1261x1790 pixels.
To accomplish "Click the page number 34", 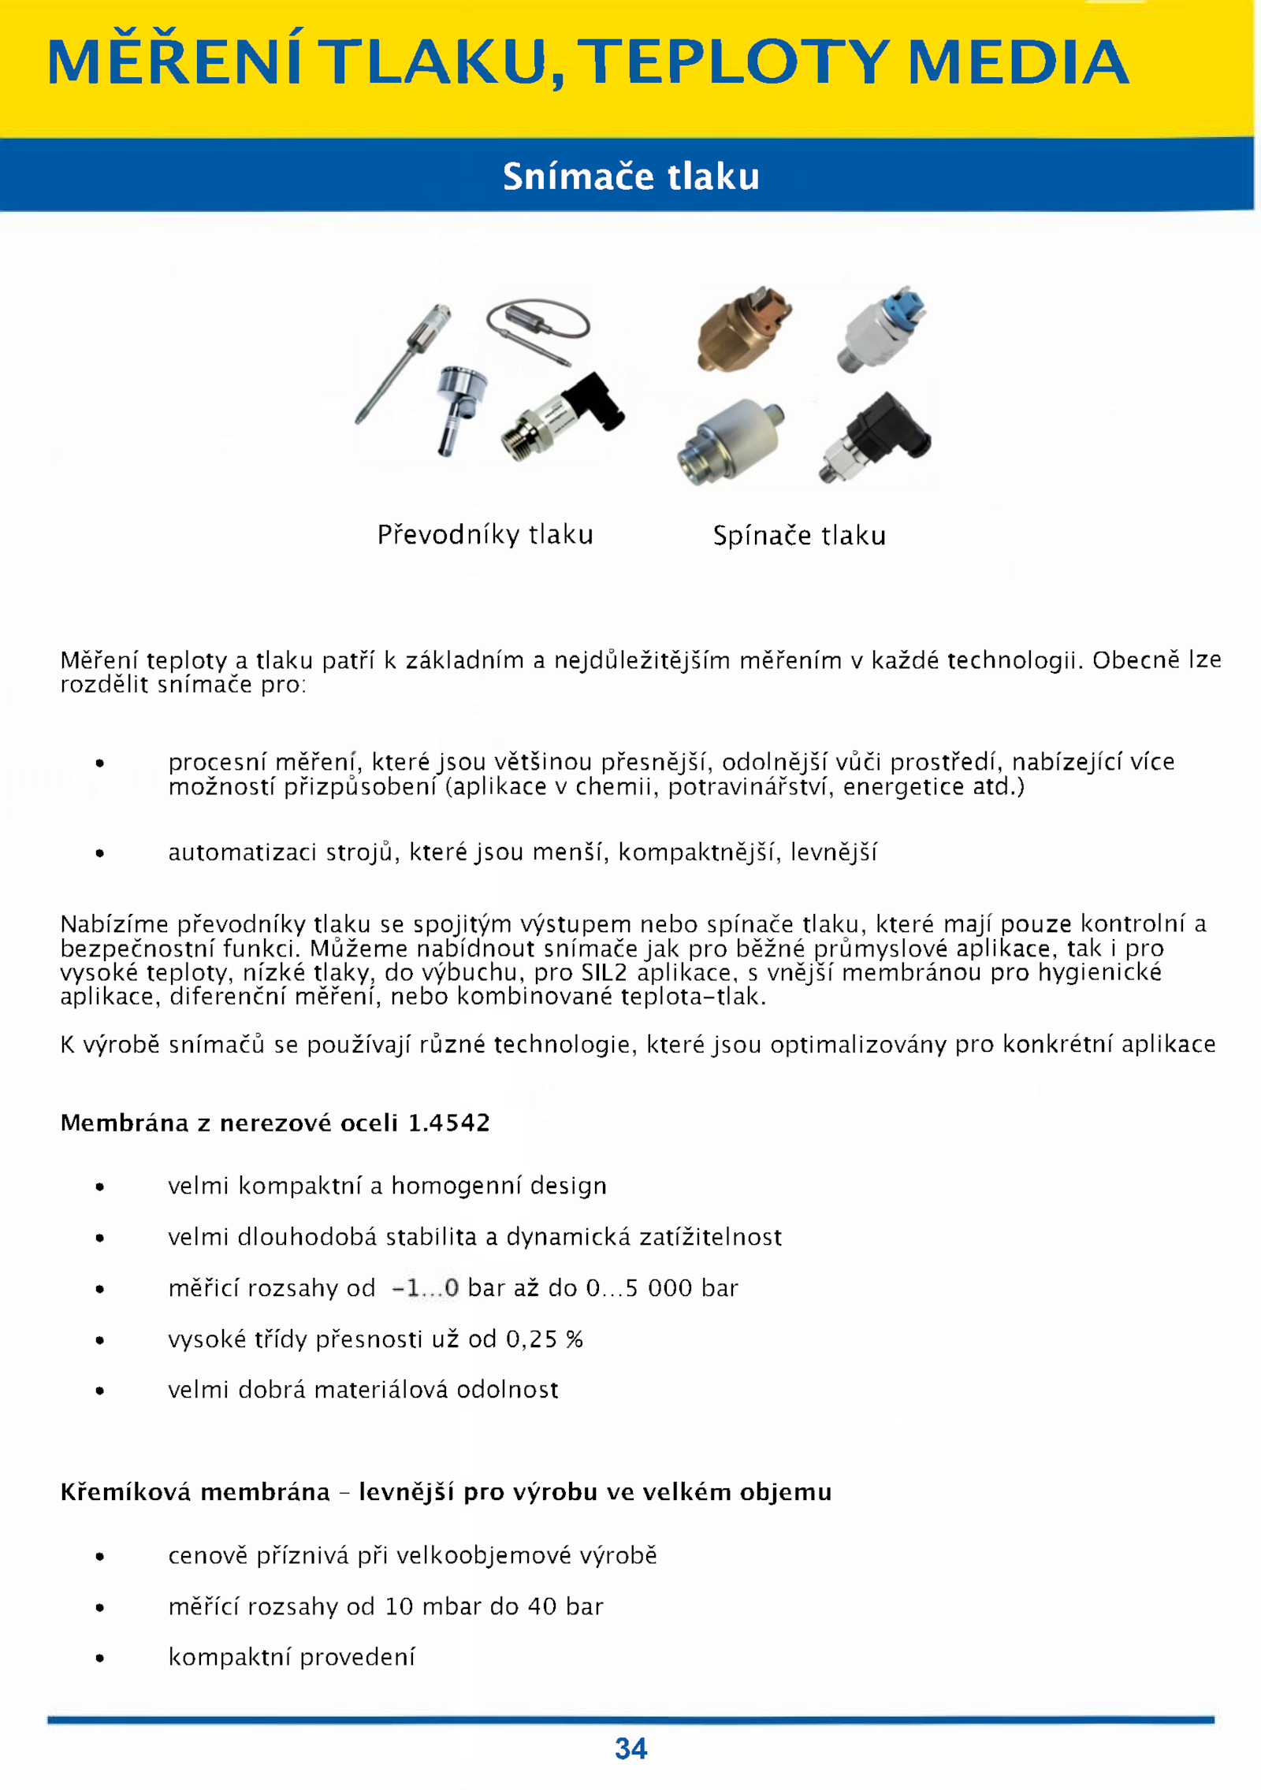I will tap(630, 1748).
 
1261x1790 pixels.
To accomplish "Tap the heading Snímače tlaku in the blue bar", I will tap(630, 176).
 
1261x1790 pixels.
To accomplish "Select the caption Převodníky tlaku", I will tap(485, 535).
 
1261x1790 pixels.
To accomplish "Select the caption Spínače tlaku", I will tap(799, 536).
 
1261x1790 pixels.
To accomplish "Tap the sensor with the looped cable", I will tap(538, 328).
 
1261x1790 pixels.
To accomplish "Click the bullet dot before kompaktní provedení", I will tap(99, 1658).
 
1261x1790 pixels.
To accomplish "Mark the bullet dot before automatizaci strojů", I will tap(99, 853).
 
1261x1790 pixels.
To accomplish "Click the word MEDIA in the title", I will tap(1018, 62).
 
